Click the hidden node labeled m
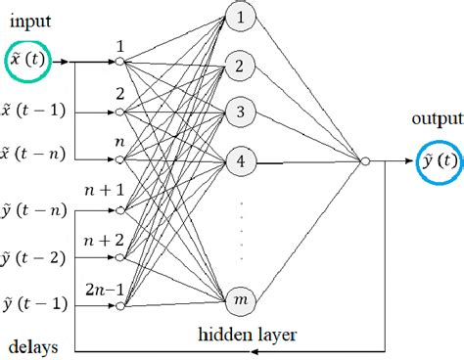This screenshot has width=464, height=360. tap(242, 297)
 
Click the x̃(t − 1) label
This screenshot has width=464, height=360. tap(35, 111)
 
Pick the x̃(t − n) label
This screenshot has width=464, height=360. tap(35, 156)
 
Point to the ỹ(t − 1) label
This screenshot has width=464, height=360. tap(35, 306)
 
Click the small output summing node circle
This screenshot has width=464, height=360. tap(364, 160)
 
